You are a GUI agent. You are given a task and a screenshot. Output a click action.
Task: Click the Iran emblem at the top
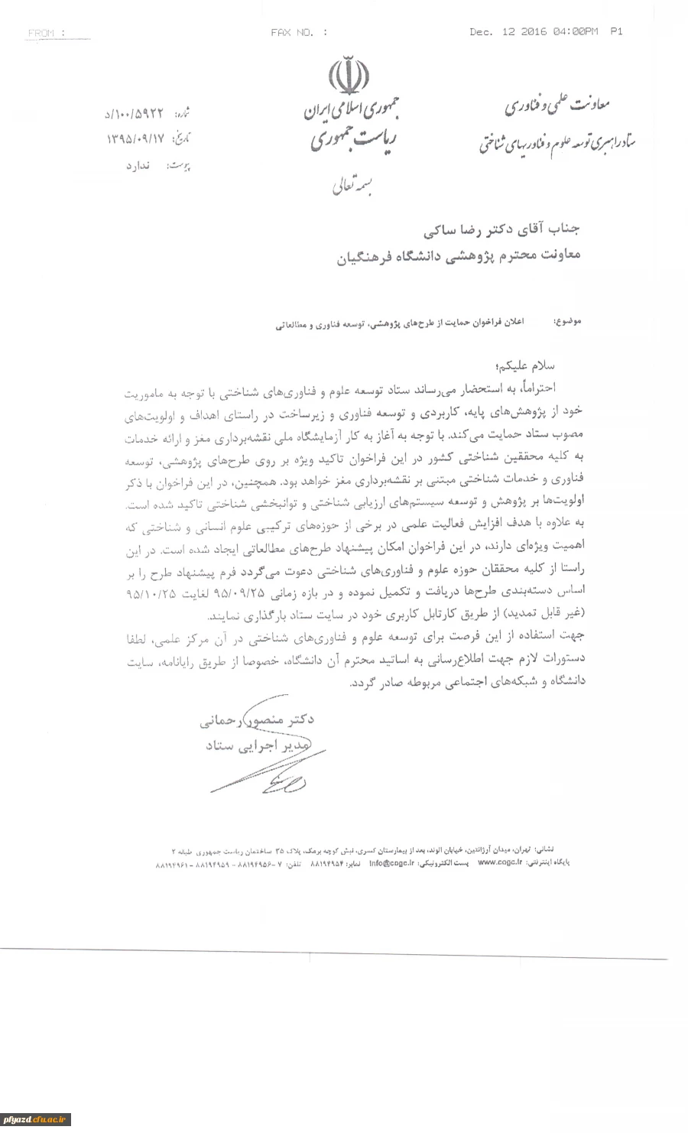coord(349,74)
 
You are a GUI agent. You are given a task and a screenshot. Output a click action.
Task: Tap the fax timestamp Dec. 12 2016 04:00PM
coord(533,31)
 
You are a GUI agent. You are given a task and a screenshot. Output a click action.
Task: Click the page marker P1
coord(616,31)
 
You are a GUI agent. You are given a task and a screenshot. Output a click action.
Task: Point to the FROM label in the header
coord(46,33)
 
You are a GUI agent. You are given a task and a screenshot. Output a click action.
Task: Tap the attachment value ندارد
coord(140,164)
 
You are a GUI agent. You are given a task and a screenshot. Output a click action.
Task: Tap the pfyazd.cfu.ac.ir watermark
coord(35,1119)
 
